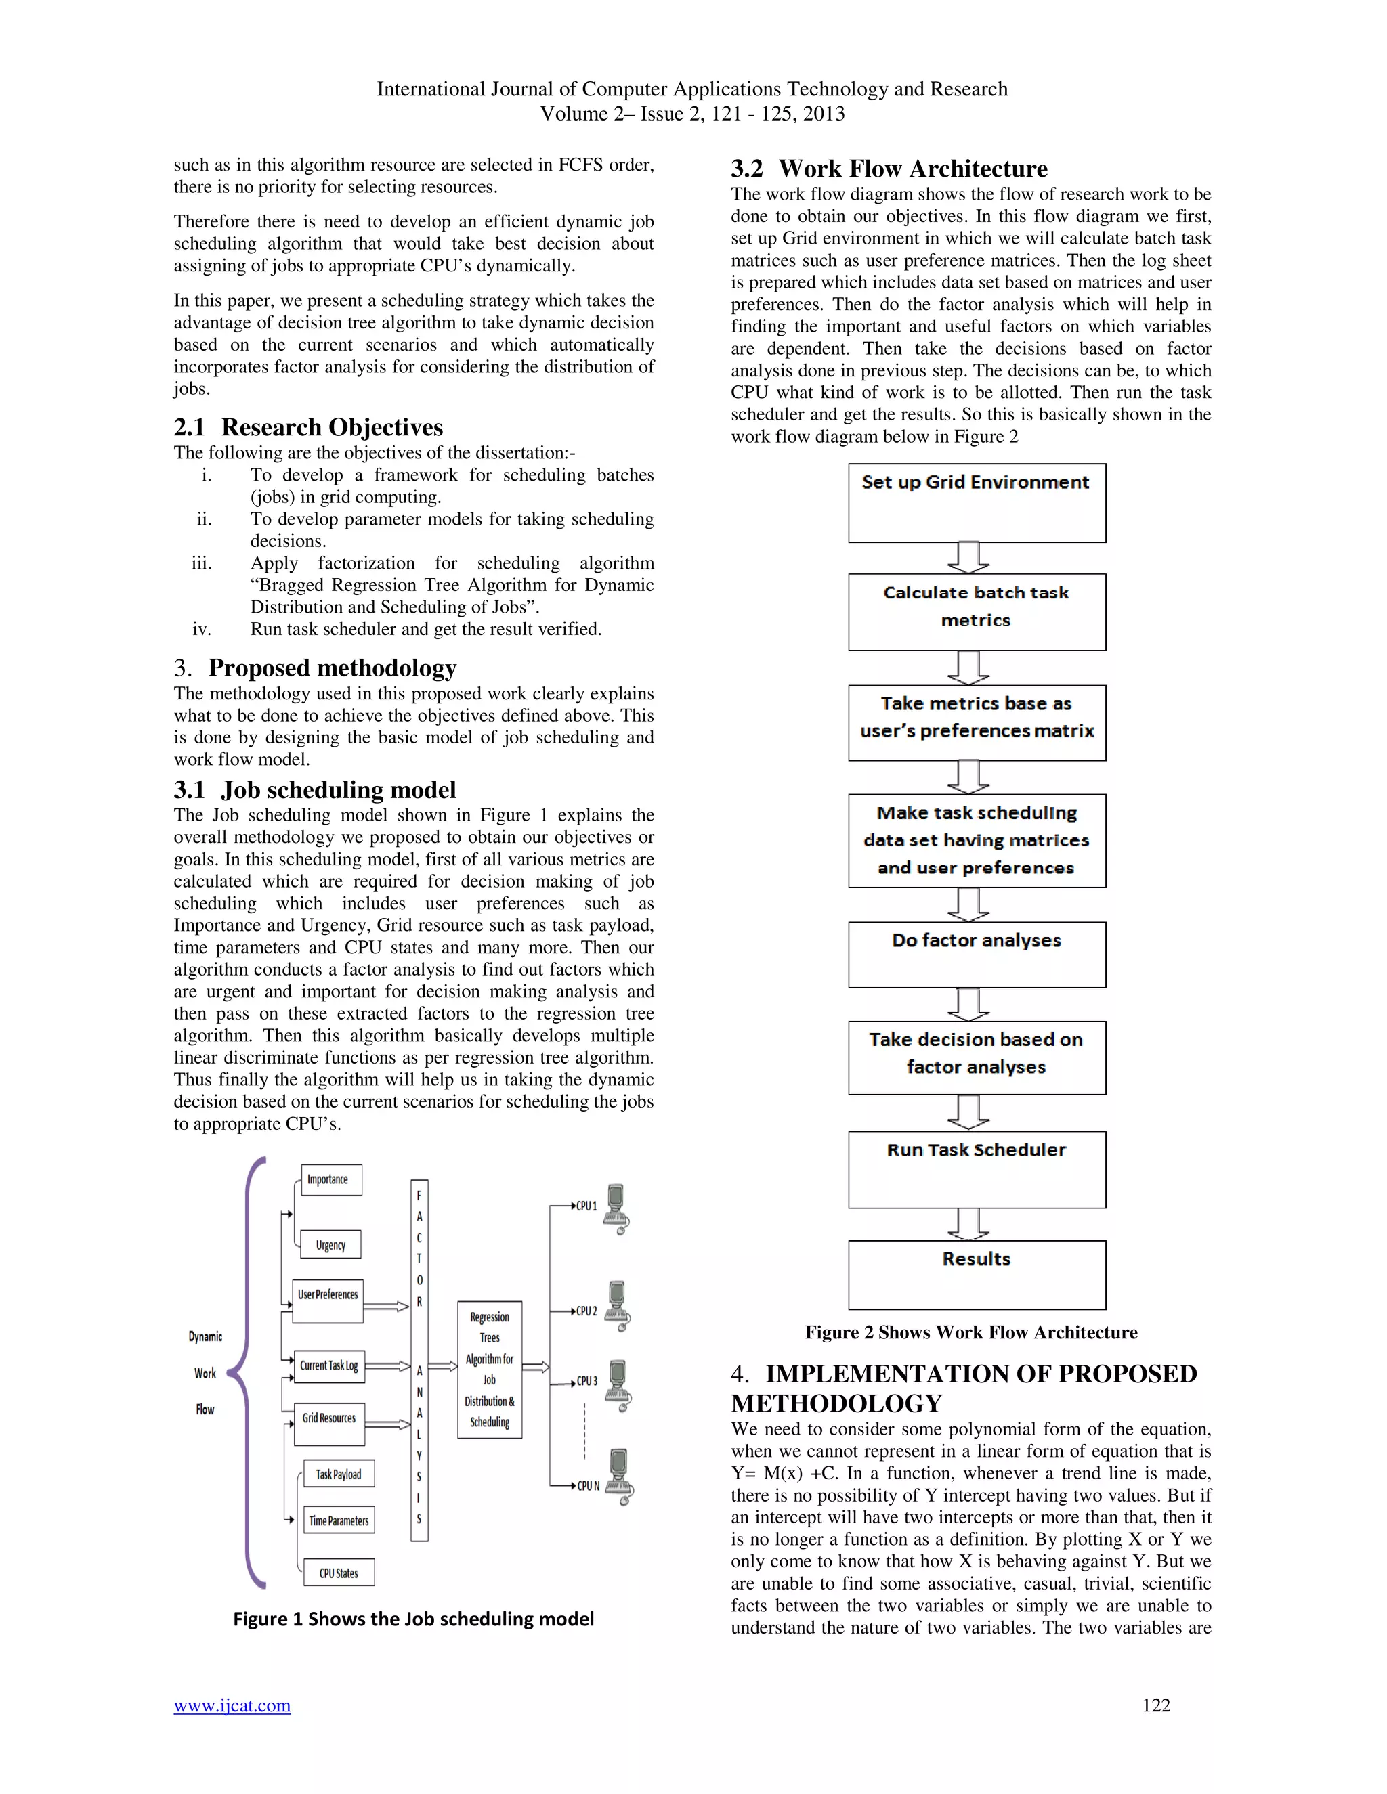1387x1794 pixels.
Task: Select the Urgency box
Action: coord(330,1244)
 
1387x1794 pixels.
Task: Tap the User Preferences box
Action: coord(328,1301)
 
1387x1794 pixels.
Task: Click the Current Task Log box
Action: coord(328,1366)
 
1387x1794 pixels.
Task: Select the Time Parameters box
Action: coord(339,1520)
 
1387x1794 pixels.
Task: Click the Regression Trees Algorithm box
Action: coord(490,1370)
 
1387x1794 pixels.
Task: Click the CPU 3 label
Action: coord(586,1381)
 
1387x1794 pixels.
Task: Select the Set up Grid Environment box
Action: coord(976,503)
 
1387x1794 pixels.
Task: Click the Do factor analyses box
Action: coord(976,955)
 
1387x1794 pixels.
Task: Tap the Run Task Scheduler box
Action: coord(976,1169)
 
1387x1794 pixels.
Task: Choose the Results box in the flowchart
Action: coord(976,1274)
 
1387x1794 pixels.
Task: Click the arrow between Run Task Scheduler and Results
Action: coord(968,1224)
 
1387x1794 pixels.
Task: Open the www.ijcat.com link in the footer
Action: coord(232,1705)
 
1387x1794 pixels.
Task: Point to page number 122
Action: coord(1155,1705)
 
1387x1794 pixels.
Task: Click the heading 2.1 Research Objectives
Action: coord(308,427)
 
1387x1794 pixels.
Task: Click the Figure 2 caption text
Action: coord(970,1332)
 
